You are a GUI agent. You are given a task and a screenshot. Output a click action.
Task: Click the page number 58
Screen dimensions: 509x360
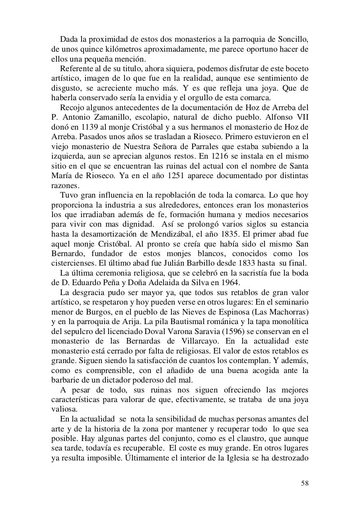305,483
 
